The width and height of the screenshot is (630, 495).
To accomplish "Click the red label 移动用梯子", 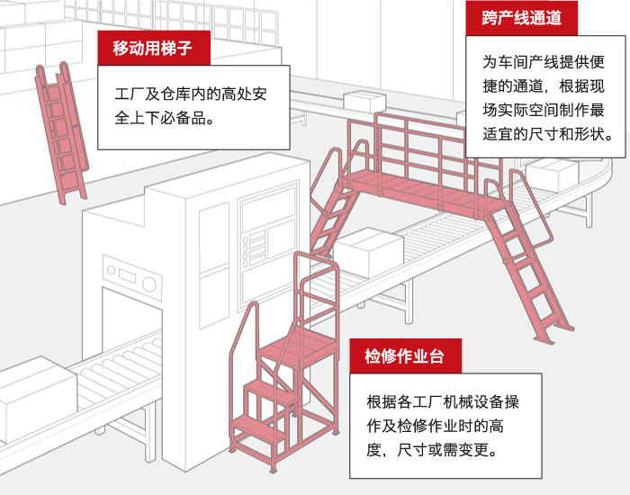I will (154, 48).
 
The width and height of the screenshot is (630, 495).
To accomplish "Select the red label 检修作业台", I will (405, 355).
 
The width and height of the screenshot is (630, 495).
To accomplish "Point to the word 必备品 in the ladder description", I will (182, 117).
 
